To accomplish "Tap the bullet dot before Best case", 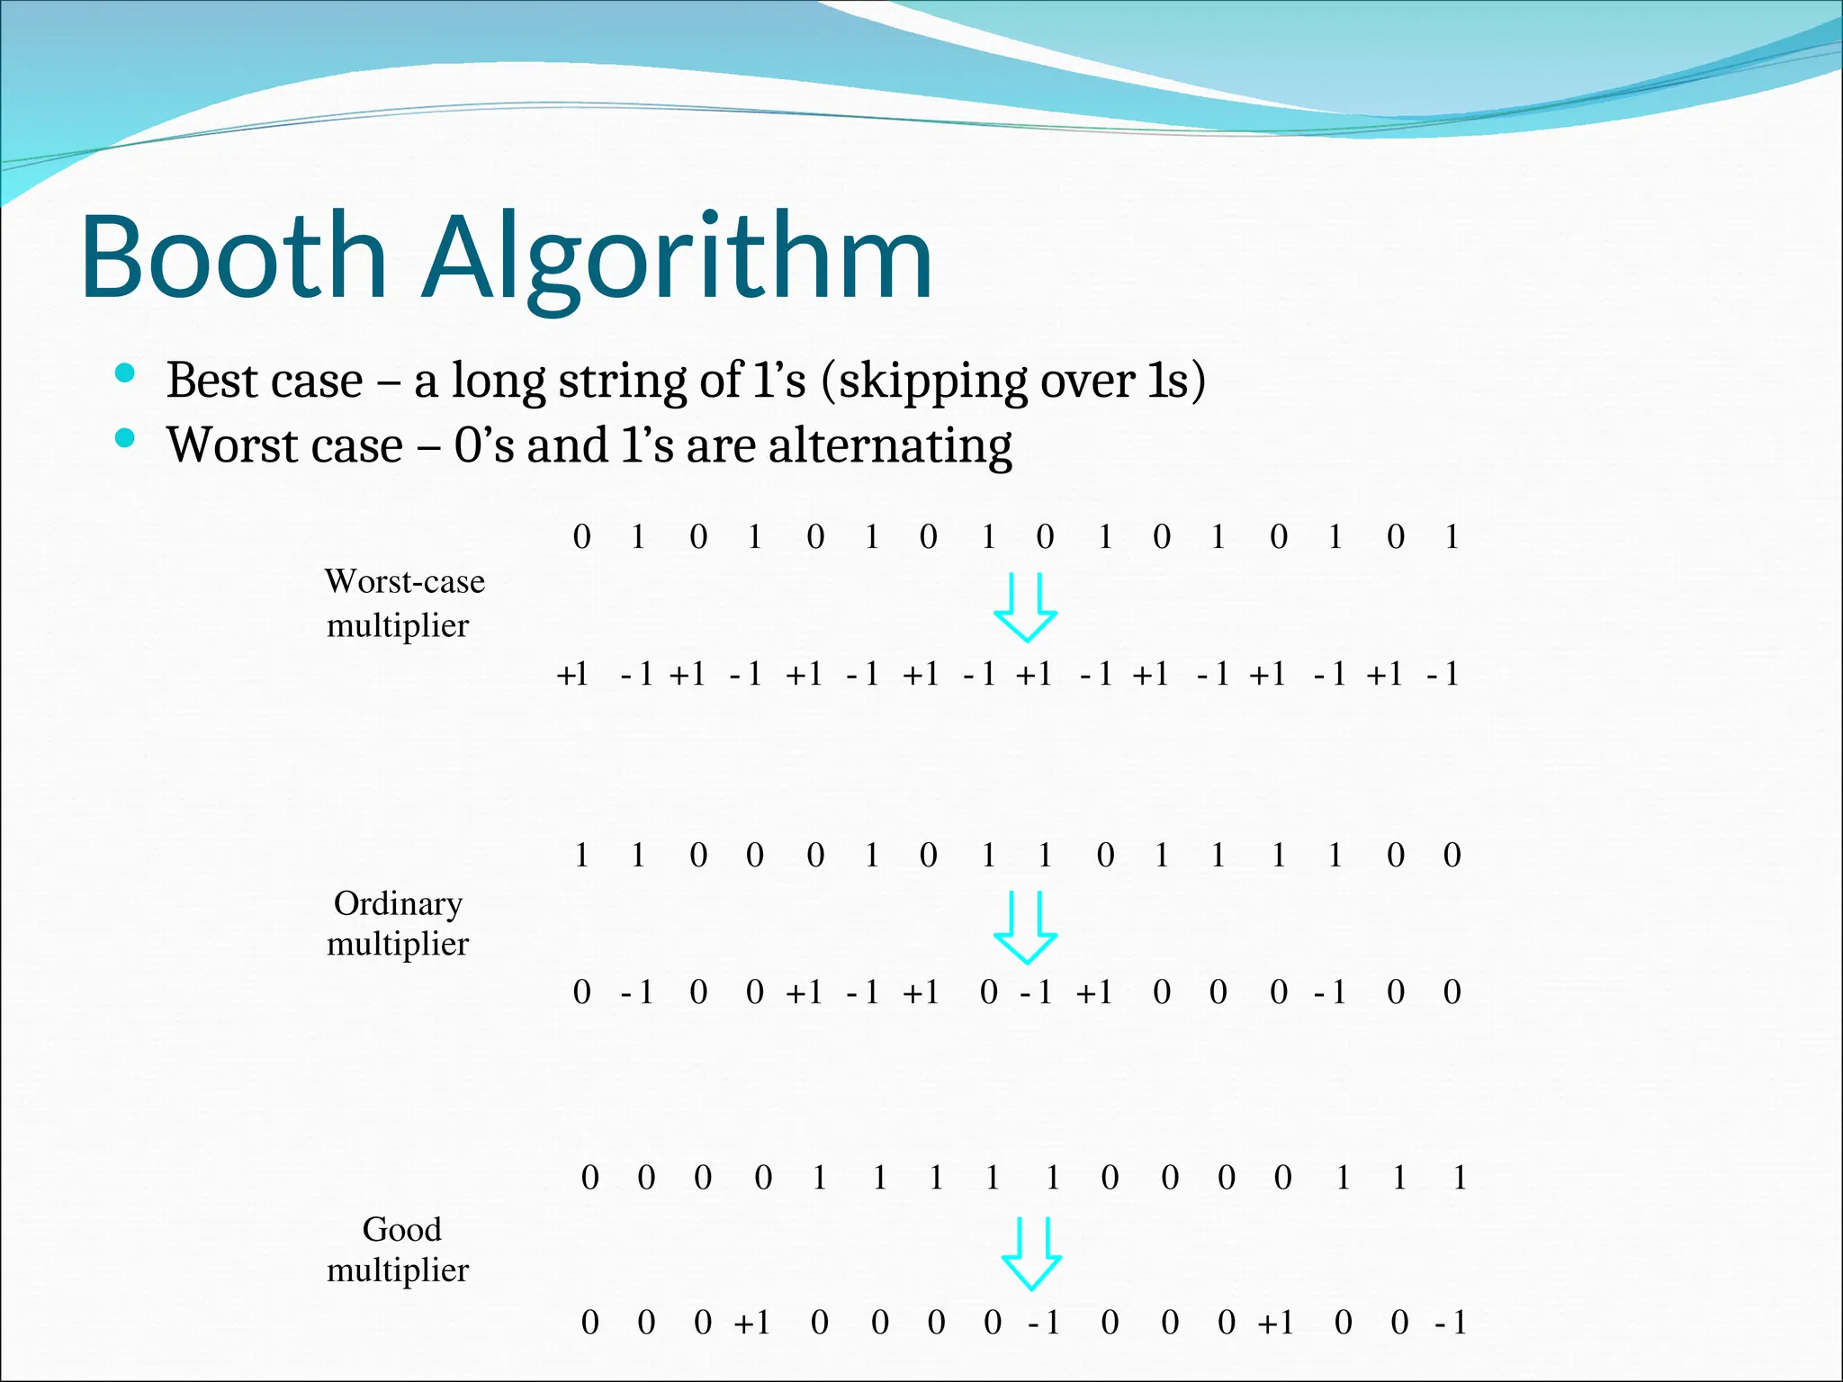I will (125, 373).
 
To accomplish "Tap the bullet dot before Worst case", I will (125, 439).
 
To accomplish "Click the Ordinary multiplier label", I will (398, 923).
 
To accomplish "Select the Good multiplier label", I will (398, 1249).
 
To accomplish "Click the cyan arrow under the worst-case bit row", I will (1025, 607).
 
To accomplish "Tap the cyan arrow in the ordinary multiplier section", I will (1025, 928).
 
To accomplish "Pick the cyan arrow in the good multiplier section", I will (1031, 1254).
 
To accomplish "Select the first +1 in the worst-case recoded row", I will (572, 674).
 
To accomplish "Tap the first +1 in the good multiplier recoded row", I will (752, 1323).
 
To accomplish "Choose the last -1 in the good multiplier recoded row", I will (1451, 1323).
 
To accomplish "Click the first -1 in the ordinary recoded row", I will (636, 992).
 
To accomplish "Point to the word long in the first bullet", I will (497, 381).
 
